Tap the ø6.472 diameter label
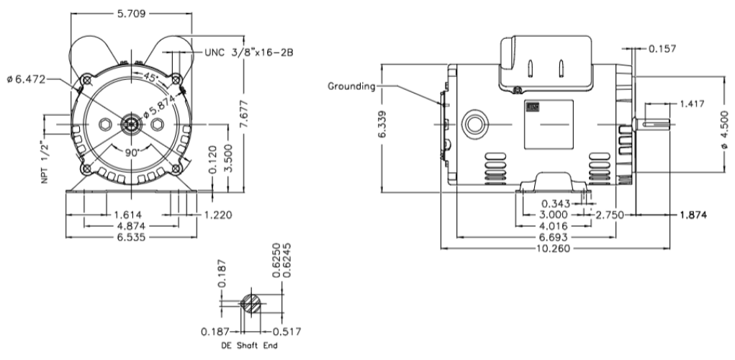tap(27, 79)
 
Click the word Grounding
tap(352, 86)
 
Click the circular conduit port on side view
tap(475, 123)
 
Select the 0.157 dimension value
tap(664, 49)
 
